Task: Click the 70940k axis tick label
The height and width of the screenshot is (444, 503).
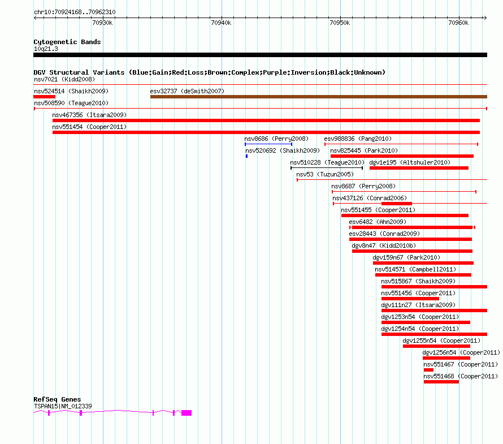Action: click(x=221, y=23)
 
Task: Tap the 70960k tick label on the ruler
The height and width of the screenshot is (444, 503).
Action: click(x=458, y=23)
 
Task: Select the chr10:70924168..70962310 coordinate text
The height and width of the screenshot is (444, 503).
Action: click(x=75, y=12)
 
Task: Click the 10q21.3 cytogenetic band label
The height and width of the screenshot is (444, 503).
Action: click(x=46, y=49)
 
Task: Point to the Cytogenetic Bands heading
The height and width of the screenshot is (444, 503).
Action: click(x=67, y=42)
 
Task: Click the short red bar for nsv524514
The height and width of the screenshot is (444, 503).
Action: click(x=45, y=97)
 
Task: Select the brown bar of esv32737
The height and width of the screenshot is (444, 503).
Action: click(x=319, y=97)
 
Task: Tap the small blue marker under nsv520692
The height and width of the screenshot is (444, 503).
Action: click(x=246, y=156)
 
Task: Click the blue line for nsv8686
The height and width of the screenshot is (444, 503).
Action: click(x=268, y=144)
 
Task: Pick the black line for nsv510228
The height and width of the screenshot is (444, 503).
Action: click(x=327, y=168)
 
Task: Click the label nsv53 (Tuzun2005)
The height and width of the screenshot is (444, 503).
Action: click(x=325, y=174)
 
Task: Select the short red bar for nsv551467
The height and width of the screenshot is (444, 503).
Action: click(x=428, y=370)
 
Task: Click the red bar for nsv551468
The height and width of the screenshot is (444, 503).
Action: click(x=441, y=382)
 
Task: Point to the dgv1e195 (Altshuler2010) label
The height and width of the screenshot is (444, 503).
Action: click(x=410, y=162)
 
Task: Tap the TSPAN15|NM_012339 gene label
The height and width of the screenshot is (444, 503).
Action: click(x=63, y=407)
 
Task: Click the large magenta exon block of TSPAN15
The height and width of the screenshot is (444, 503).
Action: click(x=187, y=413)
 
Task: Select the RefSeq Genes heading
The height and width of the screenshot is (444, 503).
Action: click(x=57, y=399)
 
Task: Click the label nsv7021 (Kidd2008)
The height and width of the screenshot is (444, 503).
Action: click(x=64, y=79)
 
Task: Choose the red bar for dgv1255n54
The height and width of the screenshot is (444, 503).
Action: click(x=436, y=346)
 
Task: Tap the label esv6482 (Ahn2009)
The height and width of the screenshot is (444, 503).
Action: click(x=378, y=222)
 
